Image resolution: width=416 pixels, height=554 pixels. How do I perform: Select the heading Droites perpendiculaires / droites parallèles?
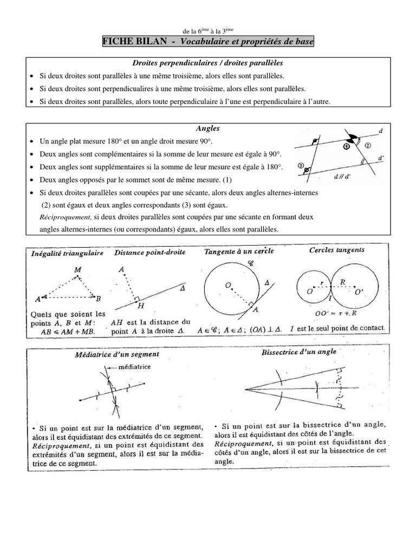208,63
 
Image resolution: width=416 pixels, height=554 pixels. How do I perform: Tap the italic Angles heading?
208,128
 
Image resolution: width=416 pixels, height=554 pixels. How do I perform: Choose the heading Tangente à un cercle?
239,251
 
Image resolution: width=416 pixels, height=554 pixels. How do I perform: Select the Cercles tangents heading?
336,250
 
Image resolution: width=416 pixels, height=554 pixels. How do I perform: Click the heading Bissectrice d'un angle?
298,351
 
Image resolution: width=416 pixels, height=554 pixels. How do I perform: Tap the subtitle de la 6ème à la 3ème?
208,31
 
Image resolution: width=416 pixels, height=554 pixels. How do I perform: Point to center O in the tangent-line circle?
229,284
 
